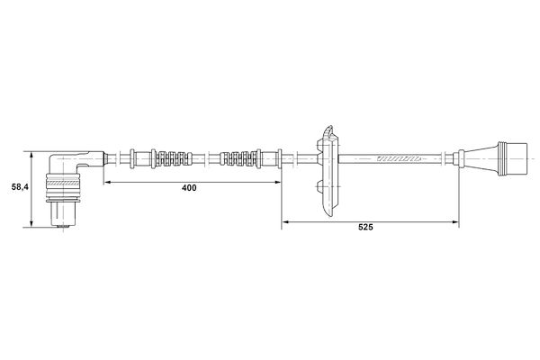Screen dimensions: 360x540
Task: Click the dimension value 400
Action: (x=189, y=189)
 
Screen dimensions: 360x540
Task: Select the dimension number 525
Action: (x=364, y=228)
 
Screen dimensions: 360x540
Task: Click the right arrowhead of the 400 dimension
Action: (x=277, y=182)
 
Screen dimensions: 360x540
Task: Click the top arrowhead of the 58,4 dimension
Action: (x=33, y=153)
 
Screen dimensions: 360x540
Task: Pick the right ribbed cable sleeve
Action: (x=239, y=160)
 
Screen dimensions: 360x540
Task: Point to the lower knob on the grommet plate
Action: (x=321, y=188)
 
